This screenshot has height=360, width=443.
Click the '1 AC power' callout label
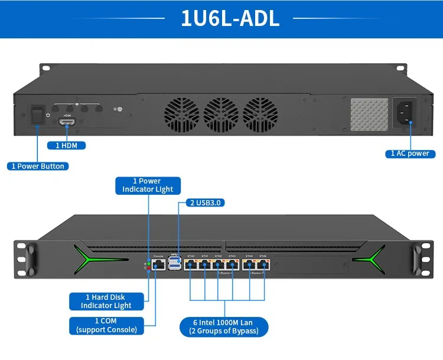pos(410,153)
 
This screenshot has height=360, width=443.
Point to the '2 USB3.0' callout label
pos(206,202)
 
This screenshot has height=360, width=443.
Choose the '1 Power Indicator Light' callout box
pos(148,185)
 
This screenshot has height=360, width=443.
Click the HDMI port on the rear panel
pos(67,122)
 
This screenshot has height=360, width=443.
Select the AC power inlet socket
pos(405,112)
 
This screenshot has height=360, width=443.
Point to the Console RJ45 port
pos(158,265)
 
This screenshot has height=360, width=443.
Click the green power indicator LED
pos(148,263)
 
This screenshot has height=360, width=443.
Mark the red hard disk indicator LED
pos(148,268)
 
